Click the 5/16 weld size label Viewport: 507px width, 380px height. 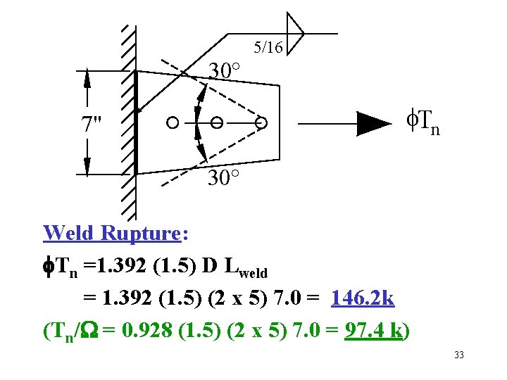click(268, 48)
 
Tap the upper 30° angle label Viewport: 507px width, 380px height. click(225, 70)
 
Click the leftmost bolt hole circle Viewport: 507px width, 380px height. click(172, 123)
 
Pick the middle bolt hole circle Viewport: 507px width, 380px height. click(217, 123)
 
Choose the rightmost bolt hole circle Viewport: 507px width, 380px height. click(261, 123)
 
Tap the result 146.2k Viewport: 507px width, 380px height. click(364, 299)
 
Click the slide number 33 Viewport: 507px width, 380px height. click(459, 355)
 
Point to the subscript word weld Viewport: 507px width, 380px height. click(254, 272)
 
